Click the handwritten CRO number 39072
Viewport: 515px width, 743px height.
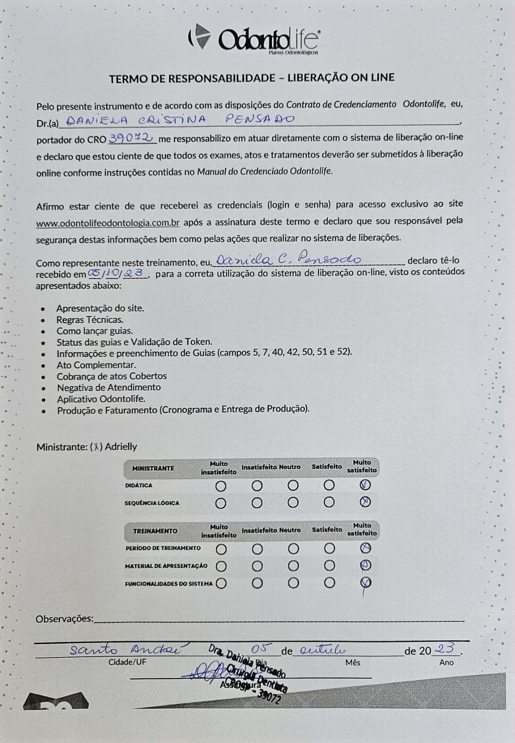pos(131,138)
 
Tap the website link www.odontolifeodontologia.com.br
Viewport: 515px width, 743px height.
pos(108,223)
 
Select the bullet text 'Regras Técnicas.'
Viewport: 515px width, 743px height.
pos(90,319)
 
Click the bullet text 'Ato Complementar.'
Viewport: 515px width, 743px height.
pos(96,365)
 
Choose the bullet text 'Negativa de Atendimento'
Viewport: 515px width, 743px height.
pos(109,387)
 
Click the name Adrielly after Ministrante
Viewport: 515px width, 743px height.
pos(121,447)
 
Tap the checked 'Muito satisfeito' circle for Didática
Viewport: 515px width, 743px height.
pos(365,485)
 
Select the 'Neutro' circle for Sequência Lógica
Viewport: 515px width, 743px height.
pos(293,503)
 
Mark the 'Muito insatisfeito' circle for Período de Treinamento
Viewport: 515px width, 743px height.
pos(221,549)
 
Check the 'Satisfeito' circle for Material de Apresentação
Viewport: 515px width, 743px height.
pos(329,566)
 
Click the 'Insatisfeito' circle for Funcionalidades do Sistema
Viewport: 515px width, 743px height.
pos(257,583)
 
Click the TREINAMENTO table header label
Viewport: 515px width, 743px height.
pos(155,531)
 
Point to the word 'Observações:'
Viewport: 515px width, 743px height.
pos(65,619)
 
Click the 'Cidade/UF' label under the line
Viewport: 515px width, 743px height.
pos(127,662)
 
